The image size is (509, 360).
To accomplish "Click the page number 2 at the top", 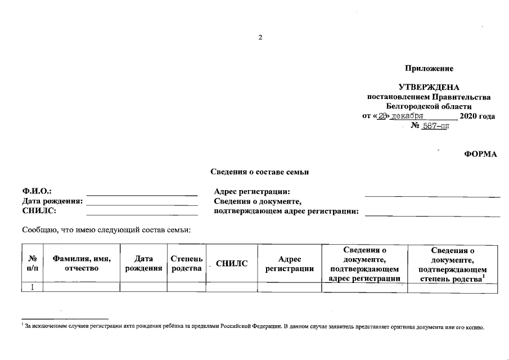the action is coord(260,38).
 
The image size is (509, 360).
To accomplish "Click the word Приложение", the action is coord(429,69).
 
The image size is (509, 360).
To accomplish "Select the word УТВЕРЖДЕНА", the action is coord(429,88).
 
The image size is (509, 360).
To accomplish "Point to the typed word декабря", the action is coord(407,116).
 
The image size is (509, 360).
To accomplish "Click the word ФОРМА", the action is coord(481,155).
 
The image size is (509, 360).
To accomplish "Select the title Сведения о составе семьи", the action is coord(259,172).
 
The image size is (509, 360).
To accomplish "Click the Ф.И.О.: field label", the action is coord(37,192).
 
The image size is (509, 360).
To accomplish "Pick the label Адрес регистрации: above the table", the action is coord(252,192).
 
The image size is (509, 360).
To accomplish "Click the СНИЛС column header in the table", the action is coord(232,264).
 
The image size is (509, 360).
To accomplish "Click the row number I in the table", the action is coord(32,287).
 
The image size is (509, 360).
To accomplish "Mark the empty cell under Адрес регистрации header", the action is coord(289,287).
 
